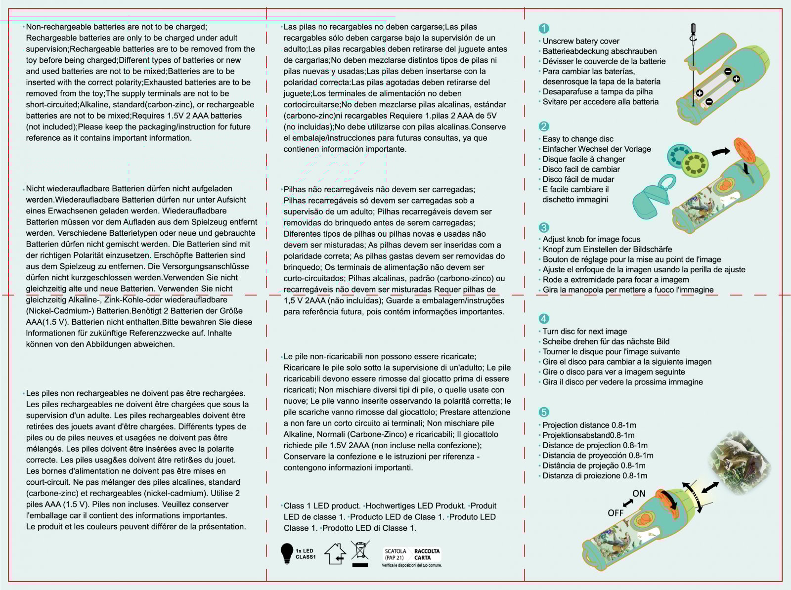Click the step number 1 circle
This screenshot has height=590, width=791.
tap(544, 29)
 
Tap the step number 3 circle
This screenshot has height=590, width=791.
tap(544, 227)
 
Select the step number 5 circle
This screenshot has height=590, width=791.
tap(544, 412)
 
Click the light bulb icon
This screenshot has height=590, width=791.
tap(287, 553)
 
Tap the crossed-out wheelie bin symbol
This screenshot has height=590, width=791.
tap(360, 553)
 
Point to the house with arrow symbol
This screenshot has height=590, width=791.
tap(335, 554)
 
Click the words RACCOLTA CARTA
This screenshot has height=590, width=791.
tap(427, 554)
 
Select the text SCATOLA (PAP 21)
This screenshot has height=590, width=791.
tap(395, 554)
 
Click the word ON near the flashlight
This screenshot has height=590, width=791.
tap(639, 493)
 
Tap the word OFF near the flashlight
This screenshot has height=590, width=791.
tap(615, 513)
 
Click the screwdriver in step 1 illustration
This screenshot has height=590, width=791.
tap(694, 59)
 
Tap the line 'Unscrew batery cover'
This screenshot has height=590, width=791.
tap(580, 41)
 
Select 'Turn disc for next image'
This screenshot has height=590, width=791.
tap(584, 332)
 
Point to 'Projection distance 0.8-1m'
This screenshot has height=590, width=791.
tap(589, 425)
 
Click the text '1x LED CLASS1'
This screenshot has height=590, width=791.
tap(305, 554)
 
